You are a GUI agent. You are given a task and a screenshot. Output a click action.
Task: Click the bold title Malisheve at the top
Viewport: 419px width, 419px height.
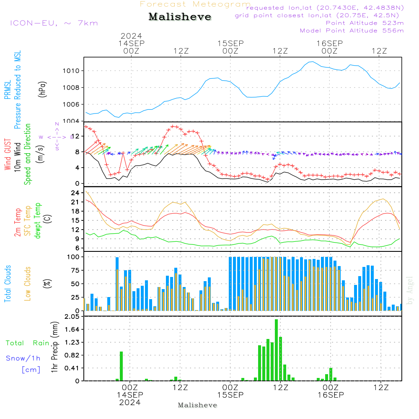tap(180, 17)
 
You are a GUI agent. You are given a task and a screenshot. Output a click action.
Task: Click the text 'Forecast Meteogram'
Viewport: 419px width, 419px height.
tap(195, 4)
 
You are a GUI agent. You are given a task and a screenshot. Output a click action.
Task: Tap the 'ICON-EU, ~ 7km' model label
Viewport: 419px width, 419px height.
tap(54, 23)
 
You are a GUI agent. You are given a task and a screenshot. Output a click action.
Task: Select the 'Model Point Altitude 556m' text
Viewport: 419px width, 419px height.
tap(352, 31)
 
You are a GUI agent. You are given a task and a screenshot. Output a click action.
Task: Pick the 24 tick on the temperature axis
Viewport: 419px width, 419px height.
tap(76, 193)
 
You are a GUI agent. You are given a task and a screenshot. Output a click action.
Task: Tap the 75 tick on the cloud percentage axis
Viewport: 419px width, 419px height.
tap(76, 270)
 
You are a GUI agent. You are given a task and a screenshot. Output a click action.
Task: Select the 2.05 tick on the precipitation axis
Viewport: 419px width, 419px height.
tap(72, 317)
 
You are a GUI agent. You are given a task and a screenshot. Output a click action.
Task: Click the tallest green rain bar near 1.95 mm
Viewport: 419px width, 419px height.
tap(277, 350)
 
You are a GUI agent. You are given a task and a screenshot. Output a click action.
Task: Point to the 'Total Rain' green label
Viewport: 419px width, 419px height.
tap(27, 343)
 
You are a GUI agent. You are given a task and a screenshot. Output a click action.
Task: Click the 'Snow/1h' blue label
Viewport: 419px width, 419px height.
tap(23, 358)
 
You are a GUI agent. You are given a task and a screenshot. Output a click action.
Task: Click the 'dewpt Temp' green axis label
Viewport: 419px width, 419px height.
tap(38, 221)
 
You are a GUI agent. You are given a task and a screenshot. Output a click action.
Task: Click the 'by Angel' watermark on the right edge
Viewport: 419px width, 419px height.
tap(410, 290)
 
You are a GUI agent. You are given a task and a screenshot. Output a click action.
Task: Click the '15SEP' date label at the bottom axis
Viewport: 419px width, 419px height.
tap(230, 395)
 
